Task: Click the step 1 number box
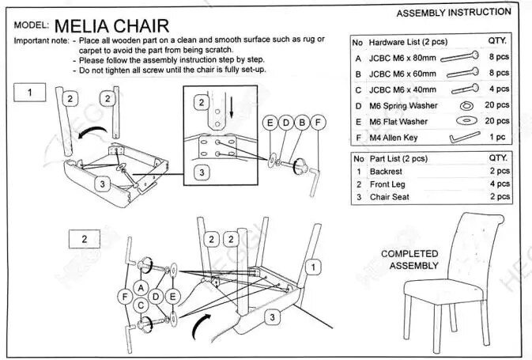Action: [x=30, y=93]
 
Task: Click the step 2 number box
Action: [x=85, y=239]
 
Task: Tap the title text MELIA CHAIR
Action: [x=111, y=26]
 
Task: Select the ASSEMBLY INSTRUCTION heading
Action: [x=454, y=13]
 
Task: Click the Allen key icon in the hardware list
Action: [x=464, y=138]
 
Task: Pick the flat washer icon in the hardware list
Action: [x=467, y=120]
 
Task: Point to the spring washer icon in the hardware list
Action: [x=467, y=106]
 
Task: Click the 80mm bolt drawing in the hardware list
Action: [x=460, y=57]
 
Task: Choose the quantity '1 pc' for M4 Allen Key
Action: [x=497, y=137]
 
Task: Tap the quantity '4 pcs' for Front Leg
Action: [x=500, y=184]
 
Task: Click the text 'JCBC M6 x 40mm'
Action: [x=402, y=90]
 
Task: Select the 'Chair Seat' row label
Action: [x=390, y=197]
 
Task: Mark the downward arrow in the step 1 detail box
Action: [x=232, y=108]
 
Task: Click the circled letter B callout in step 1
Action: [x=302, y=123]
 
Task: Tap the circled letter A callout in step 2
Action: [x=141, y=288]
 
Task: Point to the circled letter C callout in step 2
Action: [x=141, y=305]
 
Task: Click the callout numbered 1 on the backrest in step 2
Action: [x=313, y=267]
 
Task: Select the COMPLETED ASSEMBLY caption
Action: [x=409, y=260]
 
